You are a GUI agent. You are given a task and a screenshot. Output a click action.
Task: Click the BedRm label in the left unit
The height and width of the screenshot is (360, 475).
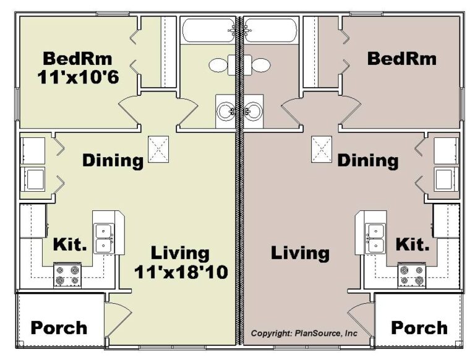tap(77, 59)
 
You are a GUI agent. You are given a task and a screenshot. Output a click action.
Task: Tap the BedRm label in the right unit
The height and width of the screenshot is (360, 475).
tap(401, 59)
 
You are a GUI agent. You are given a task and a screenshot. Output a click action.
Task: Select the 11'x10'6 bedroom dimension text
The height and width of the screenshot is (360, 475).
tap(77, 79)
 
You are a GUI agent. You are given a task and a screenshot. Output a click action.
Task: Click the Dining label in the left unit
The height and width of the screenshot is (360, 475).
tap(113, 161)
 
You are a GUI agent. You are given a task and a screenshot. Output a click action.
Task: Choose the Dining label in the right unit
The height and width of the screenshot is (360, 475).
tap(367, 161)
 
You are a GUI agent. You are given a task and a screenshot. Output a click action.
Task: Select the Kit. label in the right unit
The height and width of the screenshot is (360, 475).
tap(412, 244)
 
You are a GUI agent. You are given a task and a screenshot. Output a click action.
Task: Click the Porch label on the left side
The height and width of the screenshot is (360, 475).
tap(59, 327)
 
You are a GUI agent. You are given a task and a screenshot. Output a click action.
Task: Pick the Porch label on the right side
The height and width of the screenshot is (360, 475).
tap(419, 327)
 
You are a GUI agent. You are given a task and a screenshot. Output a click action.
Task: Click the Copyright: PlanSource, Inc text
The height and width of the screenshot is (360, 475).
tap(304, 333)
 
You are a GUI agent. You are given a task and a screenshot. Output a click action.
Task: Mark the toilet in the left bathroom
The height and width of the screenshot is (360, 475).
tap(221, 64)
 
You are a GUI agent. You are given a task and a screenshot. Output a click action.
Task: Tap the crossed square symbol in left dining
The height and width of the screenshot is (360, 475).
tap(157, 149)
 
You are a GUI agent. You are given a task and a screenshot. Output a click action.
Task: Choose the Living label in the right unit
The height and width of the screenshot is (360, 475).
tap(300, 253)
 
